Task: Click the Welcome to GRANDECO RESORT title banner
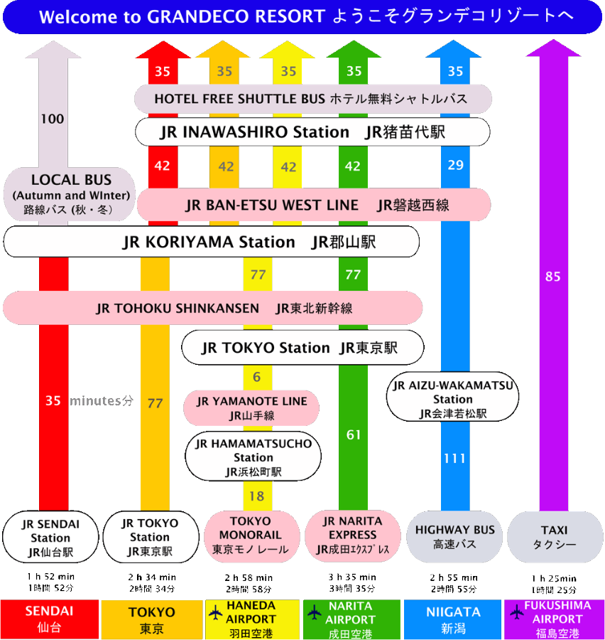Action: [x=302, y=17]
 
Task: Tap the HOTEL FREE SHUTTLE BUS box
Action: [x=312, y=99]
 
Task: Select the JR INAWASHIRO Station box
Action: [x=312, y=132]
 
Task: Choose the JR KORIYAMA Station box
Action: [x=211, y=242]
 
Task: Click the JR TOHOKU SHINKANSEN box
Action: [x=213, y=308]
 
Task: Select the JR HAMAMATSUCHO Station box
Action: [x=253, y=457]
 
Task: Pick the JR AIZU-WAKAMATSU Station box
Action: [x=453, y=399]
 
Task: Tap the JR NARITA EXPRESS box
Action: [x=353, y=535]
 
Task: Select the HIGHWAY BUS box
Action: [x=454, y=536]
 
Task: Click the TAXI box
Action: [x=555, y=536]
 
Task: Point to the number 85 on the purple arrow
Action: [x=553, y=277]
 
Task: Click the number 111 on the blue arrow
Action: [x=454, y=459]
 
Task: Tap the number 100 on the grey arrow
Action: [x=52, y=119]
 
